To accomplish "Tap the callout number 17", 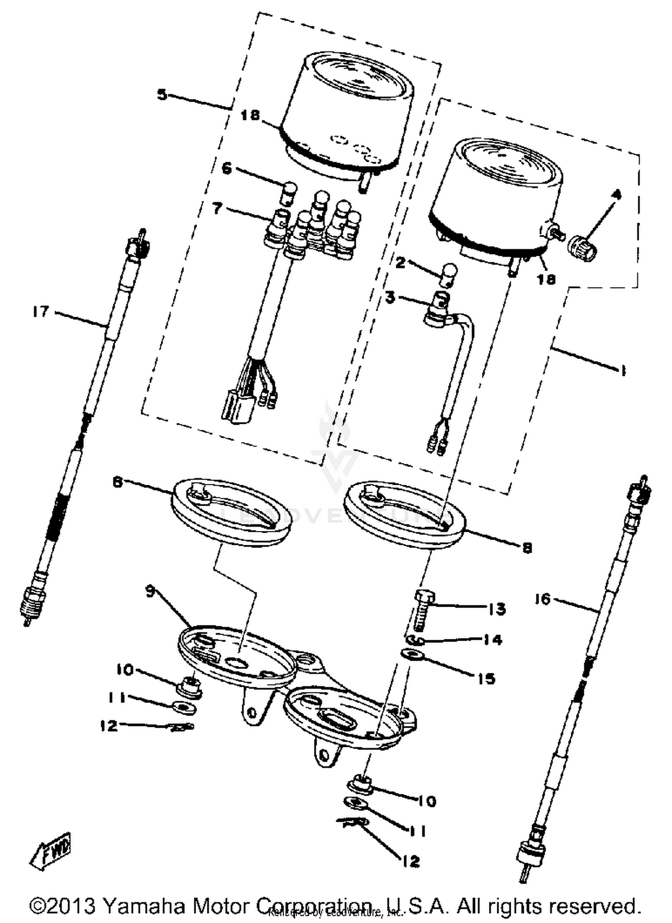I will pyautogui.click(x=41, y=311).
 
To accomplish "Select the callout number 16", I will pyautogui.click(x=543, y=599).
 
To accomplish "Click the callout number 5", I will pyautogui.click(x=162, y=95).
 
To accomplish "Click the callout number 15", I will pyautogui.click(x=486, y=678).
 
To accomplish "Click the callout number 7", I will pyautogui.click(x=217, y=208).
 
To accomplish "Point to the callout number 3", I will pyautogui.click(x=391, y=298).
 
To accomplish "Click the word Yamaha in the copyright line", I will pyautogui.click(x=144, y=906).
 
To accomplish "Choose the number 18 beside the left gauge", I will pyautogui.click(x=250, y=116).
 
